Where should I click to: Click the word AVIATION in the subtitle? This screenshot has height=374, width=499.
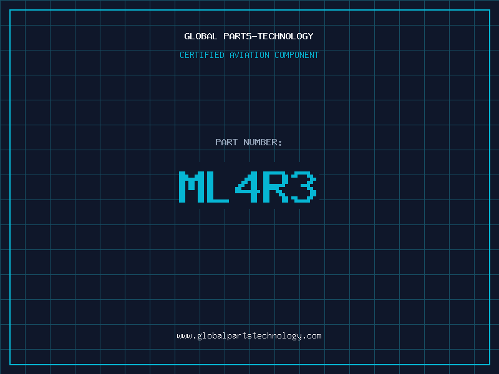pyautogui.click(x=249, y=55)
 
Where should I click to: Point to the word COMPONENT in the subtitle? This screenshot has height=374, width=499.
pyautogui.click(x=296, y=55)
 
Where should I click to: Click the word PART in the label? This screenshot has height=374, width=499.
pyautogui.click(x=226, y=142)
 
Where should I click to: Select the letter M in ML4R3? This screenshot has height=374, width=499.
pyautogui.click(x=191, y=187)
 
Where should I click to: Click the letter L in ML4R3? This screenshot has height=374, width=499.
pyautogui.click(x=219, y=187)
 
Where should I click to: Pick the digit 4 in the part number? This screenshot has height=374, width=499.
pyautogui.click(x=248, y=187)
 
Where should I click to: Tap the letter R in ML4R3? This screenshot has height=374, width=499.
pyautogui.click(x=276, y=187)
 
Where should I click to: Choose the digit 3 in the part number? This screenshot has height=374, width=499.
pyautogui.click(x=304, y=187)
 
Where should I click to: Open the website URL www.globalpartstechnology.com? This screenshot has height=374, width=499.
pyautogui.click(x=249, y=336)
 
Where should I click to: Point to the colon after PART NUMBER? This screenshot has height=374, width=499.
pyautogui.click(x=280, y=143)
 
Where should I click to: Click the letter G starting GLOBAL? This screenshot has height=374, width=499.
pyautogui.click(x=187, y=36)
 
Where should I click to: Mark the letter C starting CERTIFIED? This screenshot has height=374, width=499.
pyautogui.click(x=182, y=55)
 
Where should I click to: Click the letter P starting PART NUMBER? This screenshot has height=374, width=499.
pyautogui.click(x=218, y=142)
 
